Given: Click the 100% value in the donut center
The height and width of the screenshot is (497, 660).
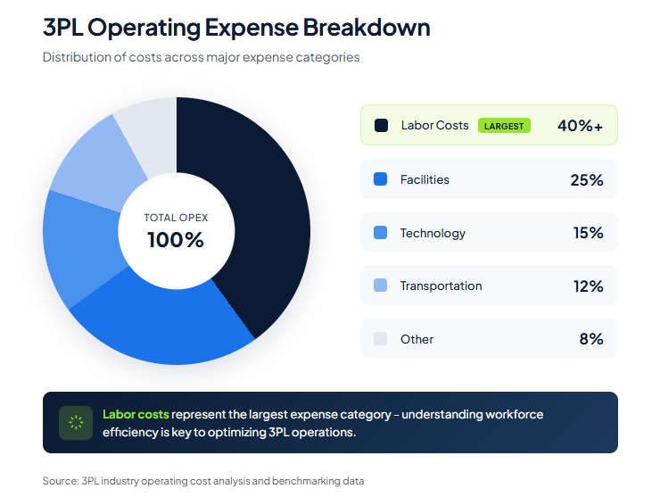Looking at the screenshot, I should coord(176,240).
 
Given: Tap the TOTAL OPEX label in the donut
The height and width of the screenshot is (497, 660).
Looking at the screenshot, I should coord(176,218).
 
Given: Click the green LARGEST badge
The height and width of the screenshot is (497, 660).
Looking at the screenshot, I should coord(504,126).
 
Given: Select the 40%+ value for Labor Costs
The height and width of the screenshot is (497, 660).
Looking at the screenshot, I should coord(580,126).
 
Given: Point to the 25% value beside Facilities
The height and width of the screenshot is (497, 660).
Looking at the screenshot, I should coord(587,179).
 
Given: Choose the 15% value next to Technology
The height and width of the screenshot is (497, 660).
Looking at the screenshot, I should coord(588,233).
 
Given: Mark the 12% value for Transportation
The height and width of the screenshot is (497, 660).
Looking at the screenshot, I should coord(588,286).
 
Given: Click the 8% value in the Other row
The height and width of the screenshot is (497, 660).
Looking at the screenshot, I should coord(591,339).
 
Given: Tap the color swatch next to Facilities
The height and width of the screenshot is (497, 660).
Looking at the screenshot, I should coord(381,179).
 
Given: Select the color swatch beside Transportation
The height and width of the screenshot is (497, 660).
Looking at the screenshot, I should coord(381,286).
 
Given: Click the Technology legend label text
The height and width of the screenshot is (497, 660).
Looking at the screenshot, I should coord(433,233).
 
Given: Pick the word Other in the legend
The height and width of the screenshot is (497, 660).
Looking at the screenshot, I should coord(417,339).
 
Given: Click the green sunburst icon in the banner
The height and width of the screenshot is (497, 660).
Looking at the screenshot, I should coord(76,422).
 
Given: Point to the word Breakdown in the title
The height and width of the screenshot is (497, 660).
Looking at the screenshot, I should coord(367,28).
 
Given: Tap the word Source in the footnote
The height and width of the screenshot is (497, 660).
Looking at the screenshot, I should coord(59,481).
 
